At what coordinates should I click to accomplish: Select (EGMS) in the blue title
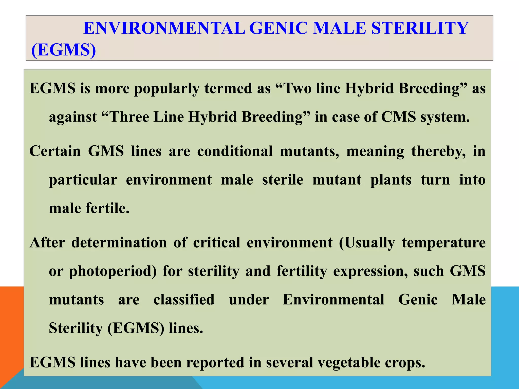point(64,50)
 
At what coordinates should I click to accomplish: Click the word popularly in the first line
point(166,89)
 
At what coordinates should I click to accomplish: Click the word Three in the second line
point(129,117)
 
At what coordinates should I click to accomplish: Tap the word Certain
point(55,151)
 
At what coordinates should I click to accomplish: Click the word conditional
point(235,151)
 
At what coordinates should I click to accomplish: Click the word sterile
point(283,180)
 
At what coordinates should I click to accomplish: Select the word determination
point(119,242)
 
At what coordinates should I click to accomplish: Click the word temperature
point(443,243)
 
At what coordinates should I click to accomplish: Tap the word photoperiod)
point(113,271)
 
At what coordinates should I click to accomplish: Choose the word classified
point(184,300)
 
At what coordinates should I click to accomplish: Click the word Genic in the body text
point(418,300)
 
